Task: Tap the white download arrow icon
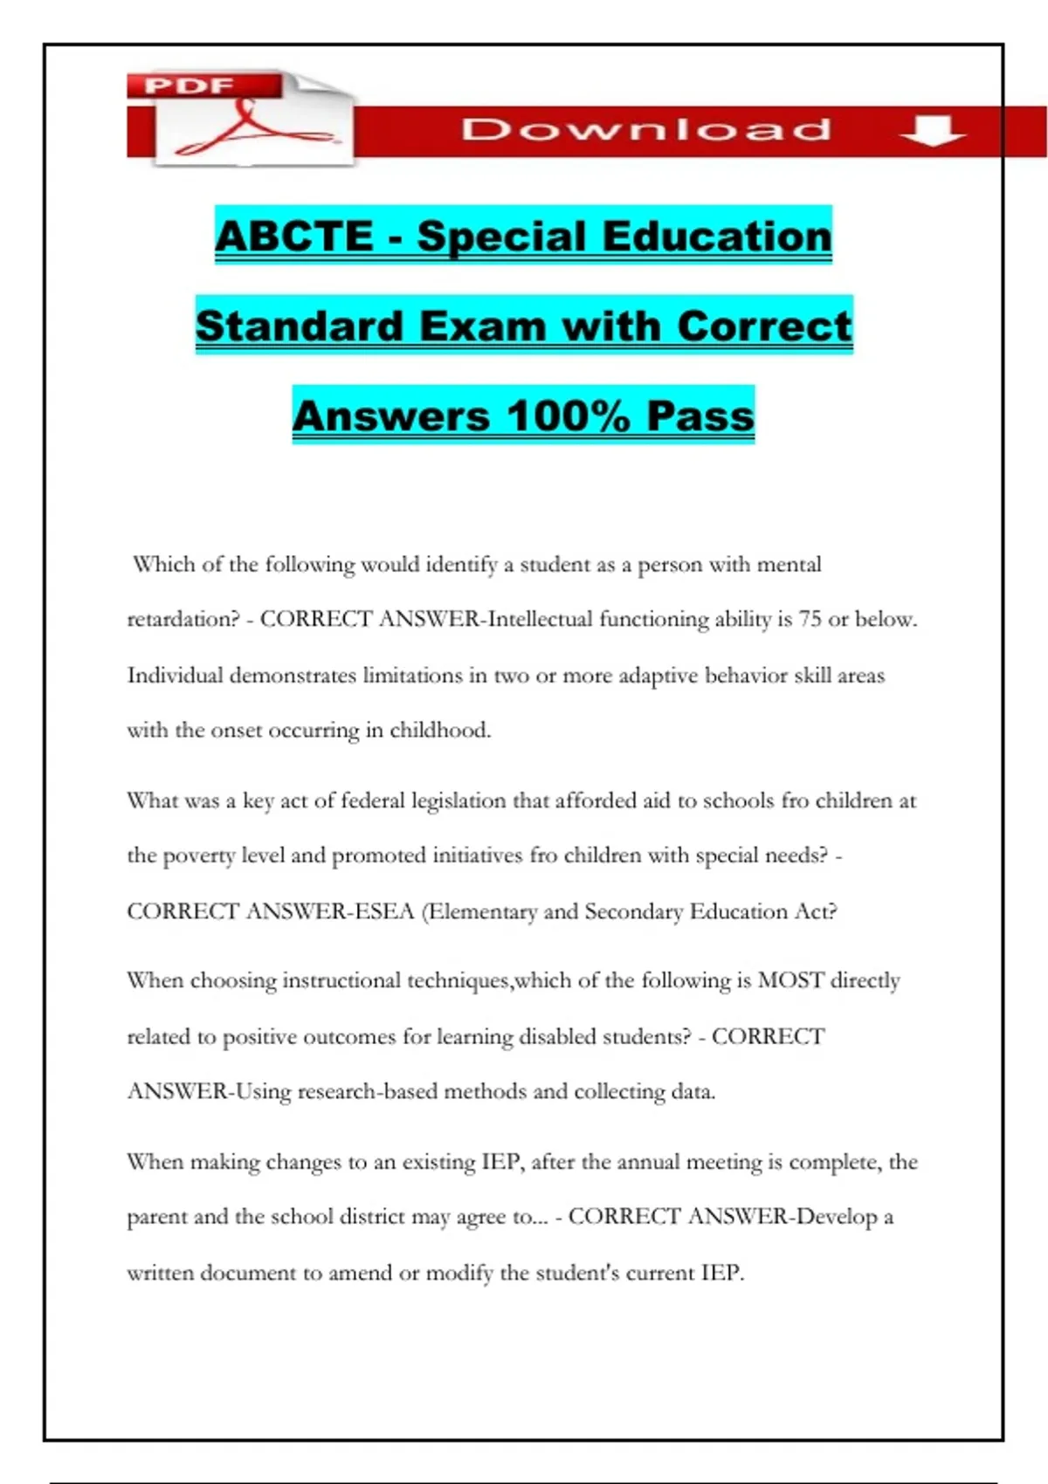932,131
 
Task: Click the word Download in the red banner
646,130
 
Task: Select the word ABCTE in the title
294,236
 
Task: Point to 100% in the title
568,416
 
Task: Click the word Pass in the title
700,416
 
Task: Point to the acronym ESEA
384,911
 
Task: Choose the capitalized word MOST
790,980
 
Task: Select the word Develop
838,1217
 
